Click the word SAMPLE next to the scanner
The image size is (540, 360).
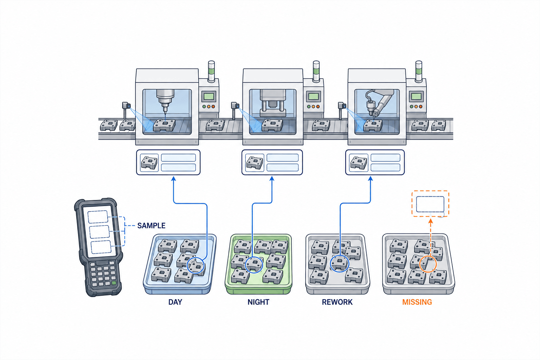coord(151,225)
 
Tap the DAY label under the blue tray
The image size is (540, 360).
coord(175,302)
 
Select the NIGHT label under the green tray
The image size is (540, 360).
coord(258,302)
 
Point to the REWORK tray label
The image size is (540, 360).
coord(337,302)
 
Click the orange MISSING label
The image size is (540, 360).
coord(417,302)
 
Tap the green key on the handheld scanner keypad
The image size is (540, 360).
coord(114,283)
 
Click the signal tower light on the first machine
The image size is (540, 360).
coord(211,71)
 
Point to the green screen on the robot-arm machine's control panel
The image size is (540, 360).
coord(416,96)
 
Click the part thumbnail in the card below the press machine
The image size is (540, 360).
coord(255,162)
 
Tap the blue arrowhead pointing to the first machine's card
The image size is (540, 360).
coord(173,179)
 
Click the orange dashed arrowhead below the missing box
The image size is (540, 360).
coord(431,221)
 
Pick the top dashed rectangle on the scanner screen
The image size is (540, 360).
coord(97,217)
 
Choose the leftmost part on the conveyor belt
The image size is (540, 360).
coord(109,125)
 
